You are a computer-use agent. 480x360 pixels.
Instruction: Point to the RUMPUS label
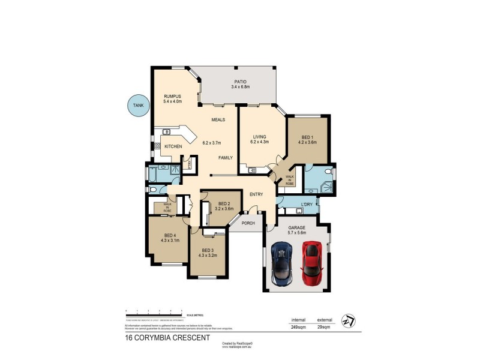173,96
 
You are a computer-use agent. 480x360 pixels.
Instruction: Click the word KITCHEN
173,146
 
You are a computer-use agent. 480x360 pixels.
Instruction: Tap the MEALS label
218,119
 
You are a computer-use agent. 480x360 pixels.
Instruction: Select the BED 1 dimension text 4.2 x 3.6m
307,143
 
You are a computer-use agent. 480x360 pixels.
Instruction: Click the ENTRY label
256,194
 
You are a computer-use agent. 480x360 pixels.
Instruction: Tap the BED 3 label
208,250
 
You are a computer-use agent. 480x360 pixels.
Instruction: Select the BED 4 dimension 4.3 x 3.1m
170,241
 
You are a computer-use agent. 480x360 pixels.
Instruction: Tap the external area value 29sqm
324,328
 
